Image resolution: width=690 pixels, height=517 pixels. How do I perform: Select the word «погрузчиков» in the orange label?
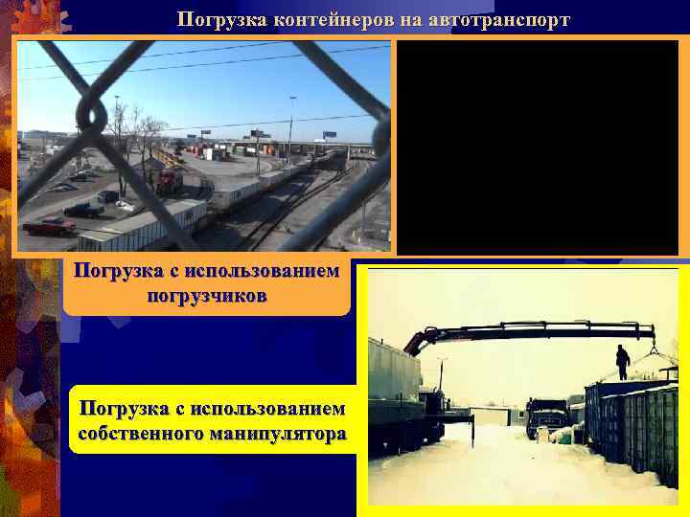click(207, 294)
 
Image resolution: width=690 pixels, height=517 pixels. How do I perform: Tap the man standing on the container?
click(623, 362)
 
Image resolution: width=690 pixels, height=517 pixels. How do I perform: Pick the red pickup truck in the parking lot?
click(50, 226)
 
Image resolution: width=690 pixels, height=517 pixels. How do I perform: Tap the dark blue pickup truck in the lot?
click(84, 209)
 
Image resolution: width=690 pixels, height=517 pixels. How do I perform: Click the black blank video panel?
click(538, 147)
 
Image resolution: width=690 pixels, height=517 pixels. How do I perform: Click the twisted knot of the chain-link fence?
click(92, 113)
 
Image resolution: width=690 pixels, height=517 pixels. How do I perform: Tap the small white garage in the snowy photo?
click(490, 416)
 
